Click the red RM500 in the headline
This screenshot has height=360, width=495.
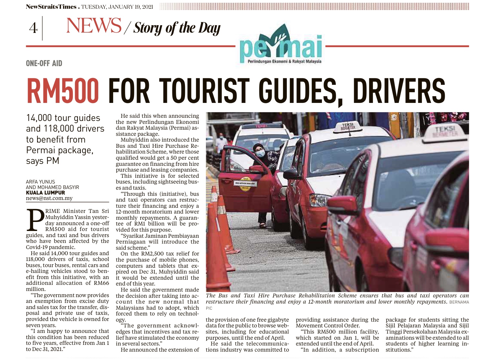click(63, 91)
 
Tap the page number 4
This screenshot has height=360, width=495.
click(33, 28)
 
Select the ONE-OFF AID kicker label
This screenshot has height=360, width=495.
click(44, 63)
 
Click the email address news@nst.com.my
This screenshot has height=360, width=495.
click(49, 198)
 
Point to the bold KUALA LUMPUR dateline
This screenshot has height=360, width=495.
click(45, 193)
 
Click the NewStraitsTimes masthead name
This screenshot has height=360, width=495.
click(51, 7)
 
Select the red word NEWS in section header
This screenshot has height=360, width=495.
click(93, 26)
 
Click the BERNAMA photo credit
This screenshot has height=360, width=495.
click(459, 302)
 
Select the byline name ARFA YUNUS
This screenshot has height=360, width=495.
click(40, 182)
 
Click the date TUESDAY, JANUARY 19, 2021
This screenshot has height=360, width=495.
click(117, 7)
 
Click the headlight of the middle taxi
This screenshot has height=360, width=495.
click(318, 200)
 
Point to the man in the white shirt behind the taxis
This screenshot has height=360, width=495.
click(221, 142)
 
